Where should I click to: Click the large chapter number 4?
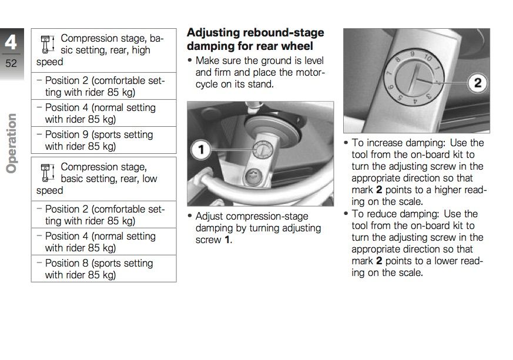pyautogui.click(x=12, y=42)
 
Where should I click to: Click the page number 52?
pyautogui.click(x=12, y=63)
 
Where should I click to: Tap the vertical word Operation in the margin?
pyautogui.click(x=12, y=144)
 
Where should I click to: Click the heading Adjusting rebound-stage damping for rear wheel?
pyautogui.click(x=254, y=39)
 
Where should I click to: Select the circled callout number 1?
pyautogui.click(x=201, y=150)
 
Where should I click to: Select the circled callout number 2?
pyautogui.click(x=477, y=82)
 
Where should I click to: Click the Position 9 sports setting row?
pyautogui.click(x=103, y=140)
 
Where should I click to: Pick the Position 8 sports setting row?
pyautogui.click(x=103, y=269)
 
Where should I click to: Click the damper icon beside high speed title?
pyautogui.click(x=47, y=45)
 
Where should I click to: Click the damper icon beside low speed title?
pyautogui.click(x=47, y=173)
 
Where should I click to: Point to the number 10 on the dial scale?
pyautogui.click(x=427, y=58)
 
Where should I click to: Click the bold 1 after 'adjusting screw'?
pyautogui.click(x=227, y=240)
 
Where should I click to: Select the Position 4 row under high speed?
pyautogui.click(x=103, y=113)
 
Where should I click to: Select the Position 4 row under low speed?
pyautogui.click(x=103, y=242)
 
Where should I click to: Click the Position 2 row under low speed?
pyautogui.click(x=103, y=215)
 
